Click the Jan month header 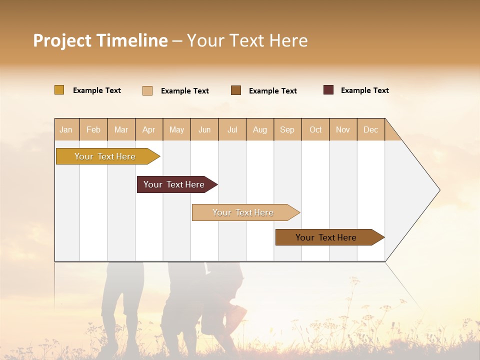[x=66, y=129]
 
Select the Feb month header [x=93, y=129]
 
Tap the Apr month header [x=149, y=129]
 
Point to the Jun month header [x=204, y=129]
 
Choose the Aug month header [x=260, y=129]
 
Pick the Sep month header [x=287, y=129]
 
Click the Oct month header [x=315, y=129]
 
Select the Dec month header [x=371, y=129]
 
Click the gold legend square [x=59, y=90]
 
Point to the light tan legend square [x=147, y=90]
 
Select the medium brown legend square [x=236, y=90]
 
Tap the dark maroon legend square [x=328, y=90]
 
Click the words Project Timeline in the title [x=100, y=40]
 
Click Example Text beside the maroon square [x=364, y=90]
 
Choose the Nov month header [x=343, y=129]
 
